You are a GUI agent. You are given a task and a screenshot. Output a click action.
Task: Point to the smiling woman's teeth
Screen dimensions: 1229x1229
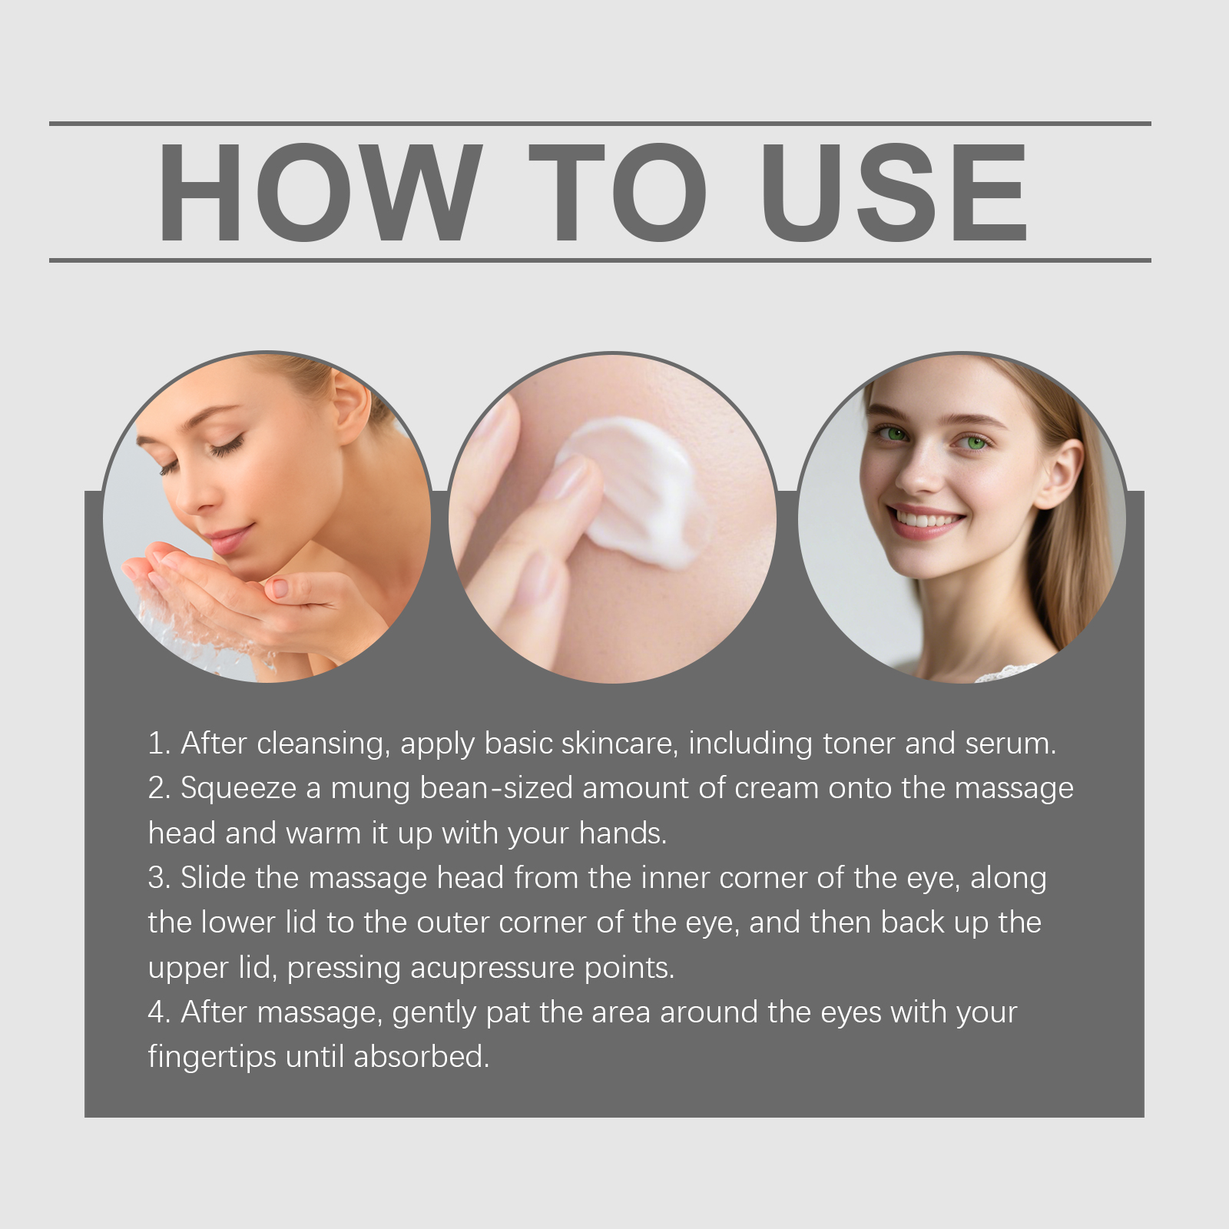(926, 522)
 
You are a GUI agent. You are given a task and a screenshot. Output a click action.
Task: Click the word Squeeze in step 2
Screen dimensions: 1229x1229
(239, 789)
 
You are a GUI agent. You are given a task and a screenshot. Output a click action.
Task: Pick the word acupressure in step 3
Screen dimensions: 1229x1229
(492, 969)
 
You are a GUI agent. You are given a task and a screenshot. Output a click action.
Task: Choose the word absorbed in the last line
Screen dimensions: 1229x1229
(421, 1057)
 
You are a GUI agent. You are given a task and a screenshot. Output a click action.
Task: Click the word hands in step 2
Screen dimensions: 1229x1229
(622, 833)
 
